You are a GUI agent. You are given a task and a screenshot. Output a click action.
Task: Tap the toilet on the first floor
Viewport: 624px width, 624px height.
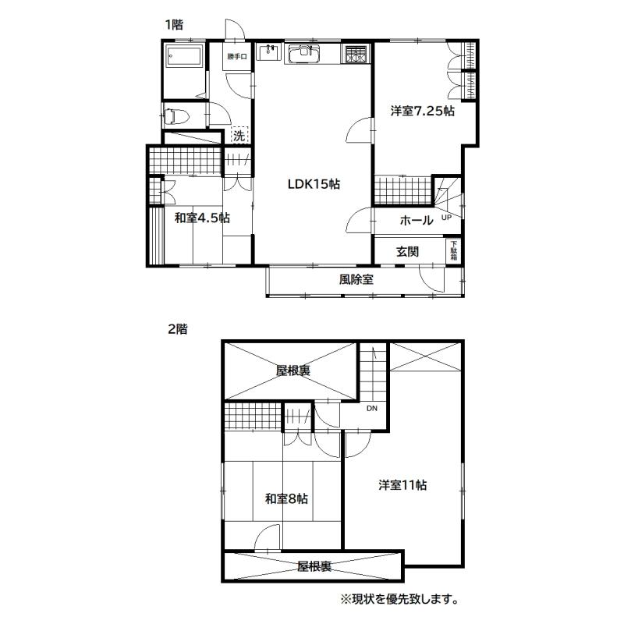175,116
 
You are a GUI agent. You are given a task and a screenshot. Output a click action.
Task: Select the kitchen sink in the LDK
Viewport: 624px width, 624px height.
304,54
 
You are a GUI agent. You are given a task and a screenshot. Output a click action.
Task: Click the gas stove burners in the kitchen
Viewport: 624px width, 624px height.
356,54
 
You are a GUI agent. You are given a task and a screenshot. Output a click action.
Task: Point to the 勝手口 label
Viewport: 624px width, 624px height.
237,56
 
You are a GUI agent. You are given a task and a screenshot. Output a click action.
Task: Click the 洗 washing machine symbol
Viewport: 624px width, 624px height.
239,135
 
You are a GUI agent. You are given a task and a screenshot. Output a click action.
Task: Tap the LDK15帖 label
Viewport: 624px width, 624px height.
314,184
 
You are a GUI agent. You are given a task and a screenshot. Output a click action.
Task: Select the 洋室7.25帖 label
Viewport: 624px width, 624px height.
422,111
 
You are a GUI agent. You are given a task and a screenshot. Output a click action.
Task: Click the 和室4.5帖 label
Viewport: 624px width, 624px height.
202,218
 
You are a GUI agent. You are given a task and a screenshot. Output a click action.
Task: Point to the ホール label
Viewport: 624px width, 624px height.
417,220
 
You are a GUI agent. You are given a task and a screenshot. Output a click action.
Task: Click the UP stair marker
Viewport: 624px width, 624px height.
446,218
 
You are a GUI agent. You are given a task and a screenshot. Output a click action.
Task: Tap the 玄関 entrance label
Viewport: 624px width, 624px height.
407,251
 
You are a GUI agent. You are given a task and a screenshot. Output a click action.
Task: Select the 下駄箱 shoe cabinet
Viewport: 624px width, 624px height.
454,250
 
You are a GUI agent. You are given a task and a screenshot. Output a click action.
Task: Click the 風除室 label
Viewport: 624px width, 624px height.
356,279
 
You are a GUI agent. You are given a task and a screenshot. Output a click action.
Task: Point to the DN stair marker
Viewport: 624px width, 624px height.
372,408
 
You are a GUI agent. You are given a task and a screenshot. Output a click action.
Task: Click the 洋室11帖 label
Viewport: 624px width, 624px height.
402,485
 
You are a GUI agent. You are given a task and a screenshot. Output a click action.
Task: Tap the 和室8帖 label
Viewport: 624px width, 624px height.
286,498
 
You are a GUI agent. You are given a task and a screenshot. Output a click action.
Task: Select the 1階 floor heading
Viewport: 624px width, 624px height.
174,25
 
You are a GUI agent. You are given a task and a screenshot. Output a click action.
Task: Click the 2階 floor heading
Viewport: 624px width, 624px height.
178,329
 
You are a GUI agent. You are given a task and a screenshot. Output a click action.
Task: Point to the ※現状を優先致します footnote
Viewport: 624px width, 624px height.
399,599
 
